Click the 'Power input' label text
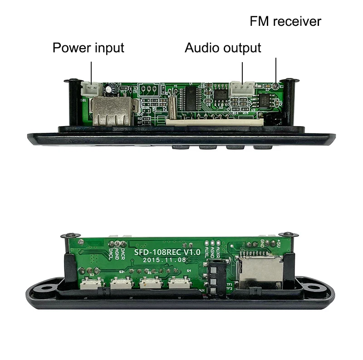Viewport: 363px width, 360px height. pos(88,47)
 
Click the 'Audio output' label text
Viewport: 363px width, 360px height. pos(223,47)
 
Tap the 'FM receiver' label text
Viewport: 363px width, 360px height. pos(285,21)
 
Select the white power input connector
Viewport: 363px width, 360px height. pos(91,87)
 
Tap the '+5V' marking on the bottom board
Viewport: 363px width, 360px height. pos(277,245)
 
